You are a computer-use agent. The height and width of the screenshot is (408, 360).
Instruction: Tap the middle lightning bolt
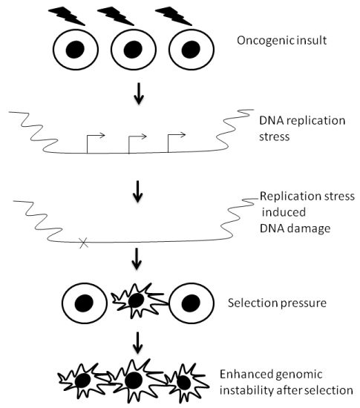pyautogui.click(x=116, y=16)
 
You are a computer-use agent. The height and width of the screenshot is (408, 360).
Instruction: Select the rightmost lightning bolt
pyautogui.click(x=174, y=16)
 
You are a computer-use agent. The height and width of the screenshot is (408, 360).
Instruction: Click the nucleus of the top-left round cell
pyautogui.click(x=75, y=49)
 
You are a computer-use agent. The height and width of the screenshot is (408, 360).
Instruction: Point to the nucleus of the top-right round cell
pyautogui.click(x=191, y=49)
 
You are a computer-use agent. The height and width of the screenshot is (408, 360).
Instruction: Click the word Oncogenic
pyautogui.click(x=262, y=41)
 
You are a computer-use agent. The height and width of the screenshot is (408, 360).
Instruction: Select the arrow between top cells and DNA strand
pyautogui.click(x=139, y=93)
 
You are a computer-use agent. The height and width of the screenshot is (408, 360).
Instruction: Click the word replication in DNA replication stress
pyautogui.click(x=316, y=121)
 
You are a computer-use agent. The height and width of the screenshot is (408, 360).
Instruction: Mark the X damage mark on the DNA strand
pyautogui.click(x=84, y=243)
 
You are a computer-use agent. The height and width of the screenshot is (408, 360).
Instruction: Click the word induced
pyautogui.click(x=284, y=212)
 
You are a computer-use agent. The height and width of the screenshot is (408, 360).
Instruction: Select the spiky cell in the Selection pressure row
pyautogui.click(x=137, y=300)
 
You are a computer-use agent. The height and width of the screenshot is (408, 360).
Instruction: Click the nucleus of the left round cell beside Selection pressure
pyautogui.click(x=84, y=303)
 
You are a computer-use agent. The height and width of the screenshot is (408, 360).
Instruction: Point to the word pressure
pyautogui.click(x=303, y=303)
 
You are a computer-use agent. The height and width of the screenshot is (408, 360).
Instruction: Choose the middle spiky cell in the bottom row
pyautogui.click(x=135, y=381)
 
